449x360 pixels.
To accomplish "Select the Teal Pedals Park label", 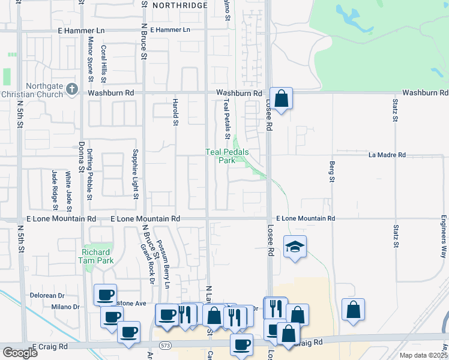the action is coord(220,157).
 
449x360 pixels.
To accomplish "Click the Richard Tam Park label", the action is coord(97,256).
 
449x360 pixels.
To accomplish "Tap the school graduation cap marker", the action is coord(295,247).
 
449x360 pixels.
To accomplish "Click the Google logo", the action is coord(20,353).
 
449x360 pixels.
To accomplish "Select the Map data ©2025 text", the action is coord(423,355).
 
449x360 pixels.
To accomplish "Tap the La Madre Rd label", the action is coord(387,155).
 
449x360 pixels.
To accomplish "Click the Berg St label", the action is coord(331,171).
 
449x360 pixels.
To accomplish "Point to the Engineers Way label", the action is coord(444,236).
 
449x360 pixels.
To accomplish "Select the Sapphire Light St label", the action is coord(136,175).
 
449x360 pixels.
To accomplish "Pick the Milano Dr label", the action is coord(66,307).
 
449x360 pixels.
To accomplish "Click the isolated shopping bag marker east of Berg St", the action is coord(354,310).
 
